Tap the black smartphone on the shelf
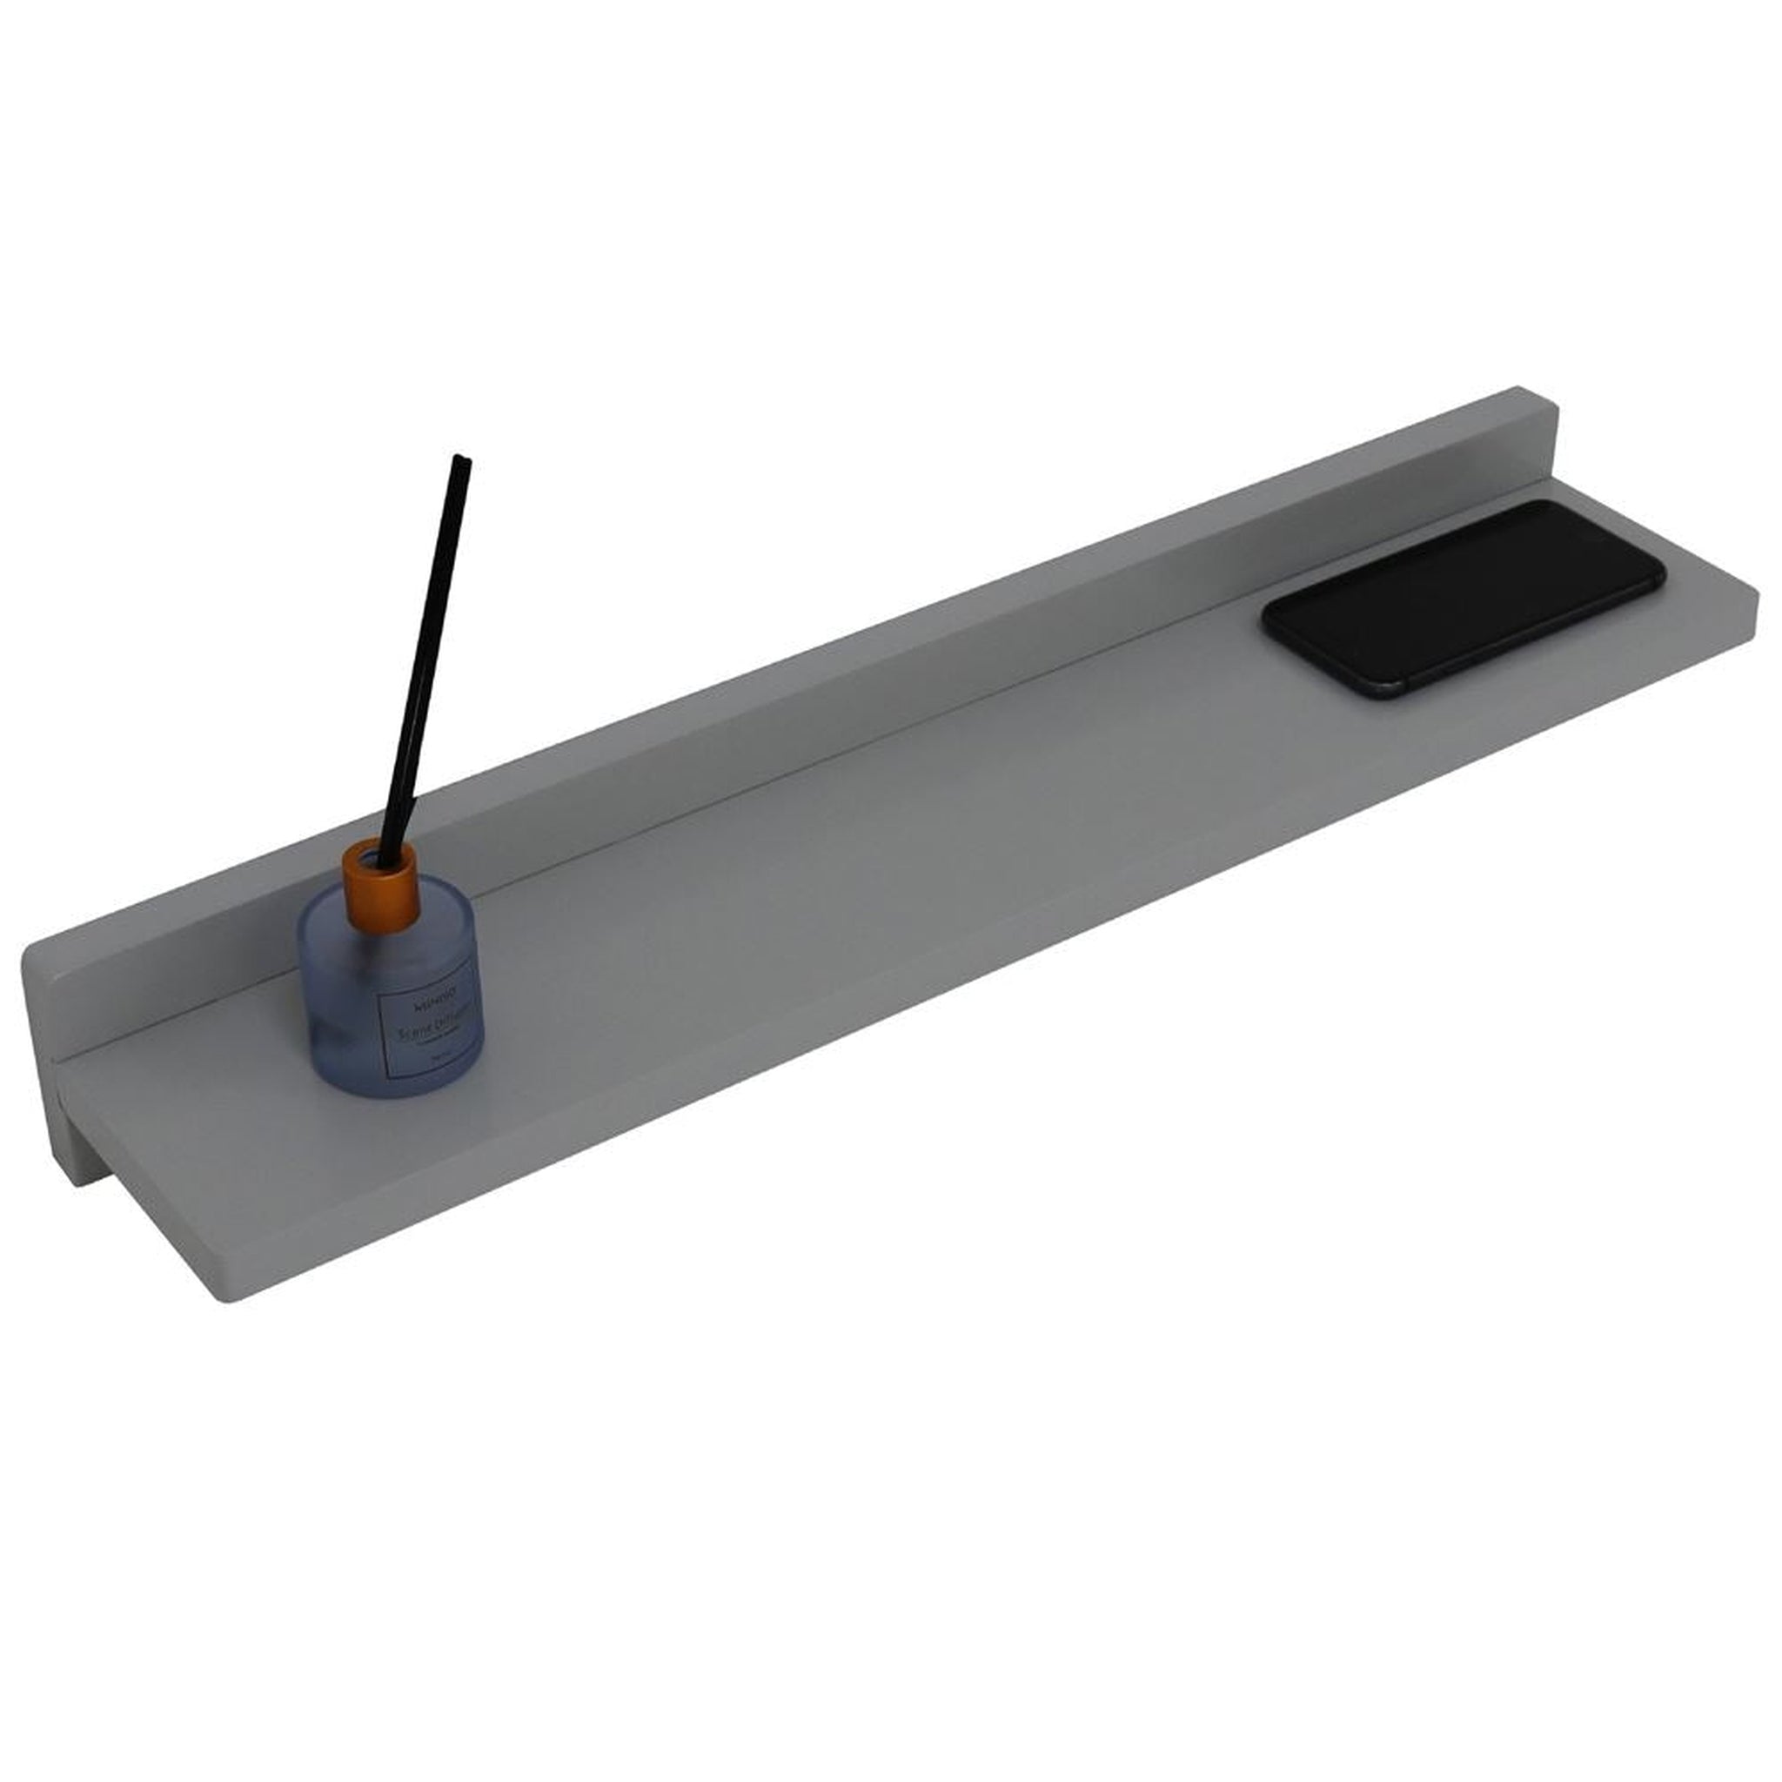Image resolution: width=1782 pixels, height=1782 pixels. [x=1464, y=598]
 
